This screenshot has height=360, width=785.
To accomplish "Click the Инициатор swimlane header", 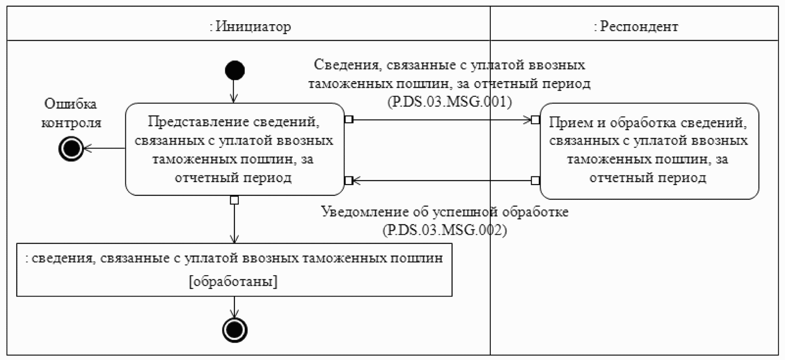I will (250, 26).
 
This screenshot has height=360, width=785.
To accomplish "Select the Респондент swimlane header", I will (636, 26).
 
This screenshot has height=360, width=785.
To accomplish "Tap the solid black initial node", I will (234, 71).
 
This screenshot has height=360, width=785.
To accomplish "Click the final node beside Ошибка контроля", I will (71, 149).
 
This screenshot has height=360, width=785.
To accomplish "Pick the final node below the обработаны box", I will (234, 330).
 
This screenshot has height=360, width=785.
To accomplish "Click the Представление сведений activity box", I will (234, 149).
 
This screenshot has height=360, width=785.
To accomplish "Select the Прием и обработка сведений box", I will (649, 151).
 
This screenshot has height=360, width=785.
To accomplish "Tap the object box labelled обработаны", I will (234, 269).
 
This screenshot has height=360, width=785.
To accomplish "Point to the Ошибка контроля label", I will (71, 113).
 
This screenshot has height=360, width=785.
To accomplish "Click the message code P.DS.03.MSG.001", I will (449, 102).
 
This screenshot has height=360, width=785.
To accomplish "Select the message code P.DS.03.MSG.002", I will (445, 230).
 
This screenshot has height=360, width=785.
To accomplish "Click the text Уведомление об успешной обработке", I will (445, 212).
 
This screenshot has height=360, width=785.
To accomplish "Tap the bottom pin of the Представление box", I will (234, 200).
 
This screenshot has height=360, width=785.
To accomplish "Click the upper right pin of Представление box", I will (349, 120).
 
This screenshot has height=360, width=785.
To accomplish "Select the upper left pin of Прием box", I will (535, 120).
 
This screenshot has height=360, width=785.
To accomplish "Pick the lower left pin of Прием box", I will (535, 180).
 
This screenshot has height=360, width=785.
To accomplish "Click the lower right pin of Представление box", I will (349, 180).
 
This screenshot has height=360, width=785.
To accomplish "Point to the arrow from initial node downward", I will (234, 91).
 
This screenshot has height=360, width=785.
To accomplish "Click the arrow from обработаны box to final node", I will (234, 307).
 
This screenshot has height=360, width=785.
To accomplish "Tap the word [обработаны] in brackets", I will (233, 281).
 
